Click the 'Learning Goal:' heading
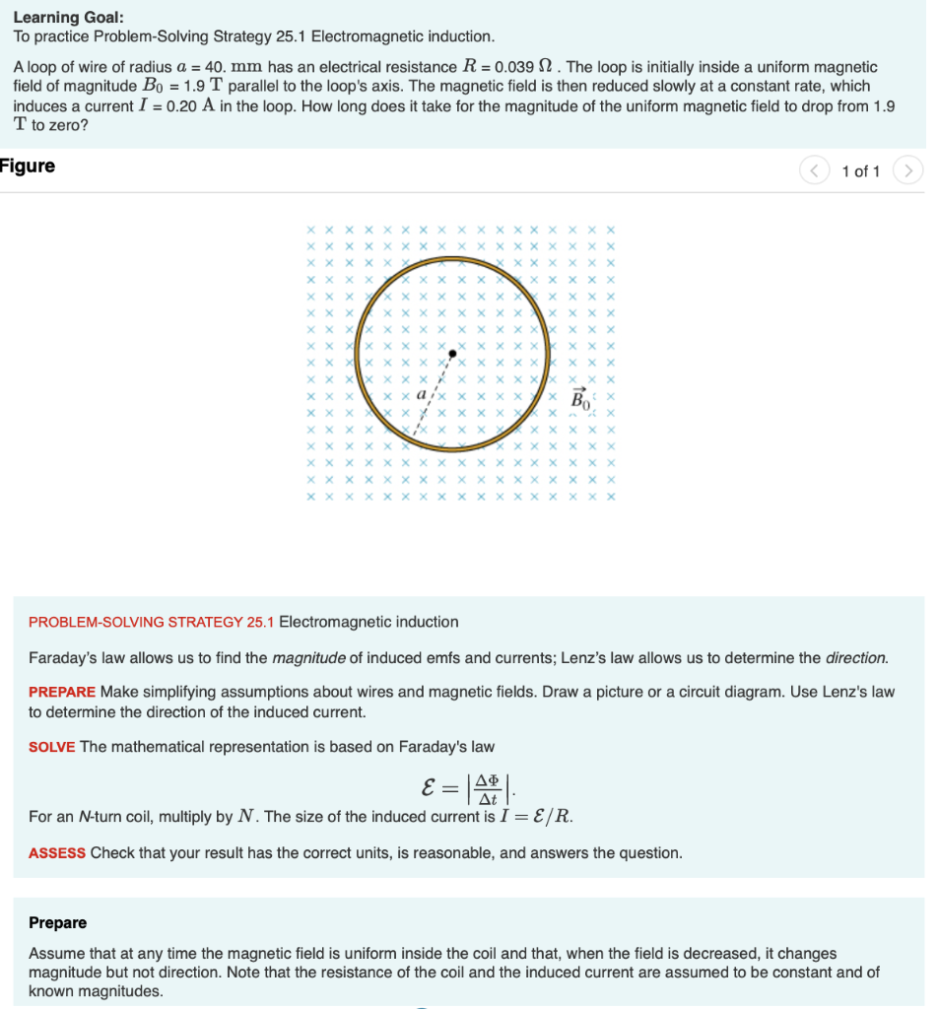[68, 17]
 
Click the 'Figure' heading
[28, 166]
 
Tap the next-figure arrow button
[907, 171]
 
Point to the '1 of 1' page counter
[861, 171]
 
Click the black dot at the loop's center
[452, 352]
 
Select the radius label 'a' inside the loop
[422, 393]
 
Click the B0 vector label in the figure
[581, 399]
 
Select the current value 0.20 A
[191, 105]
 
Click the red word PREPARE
[62, 692]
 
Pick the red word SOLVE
[52, 747]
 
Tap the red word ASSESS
[57, 852]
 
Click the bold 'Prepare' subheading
[57, 922]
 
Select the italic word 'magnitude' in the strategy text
[305, 657]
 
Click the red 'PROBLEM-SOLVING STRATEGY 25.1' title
[152, 622]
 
